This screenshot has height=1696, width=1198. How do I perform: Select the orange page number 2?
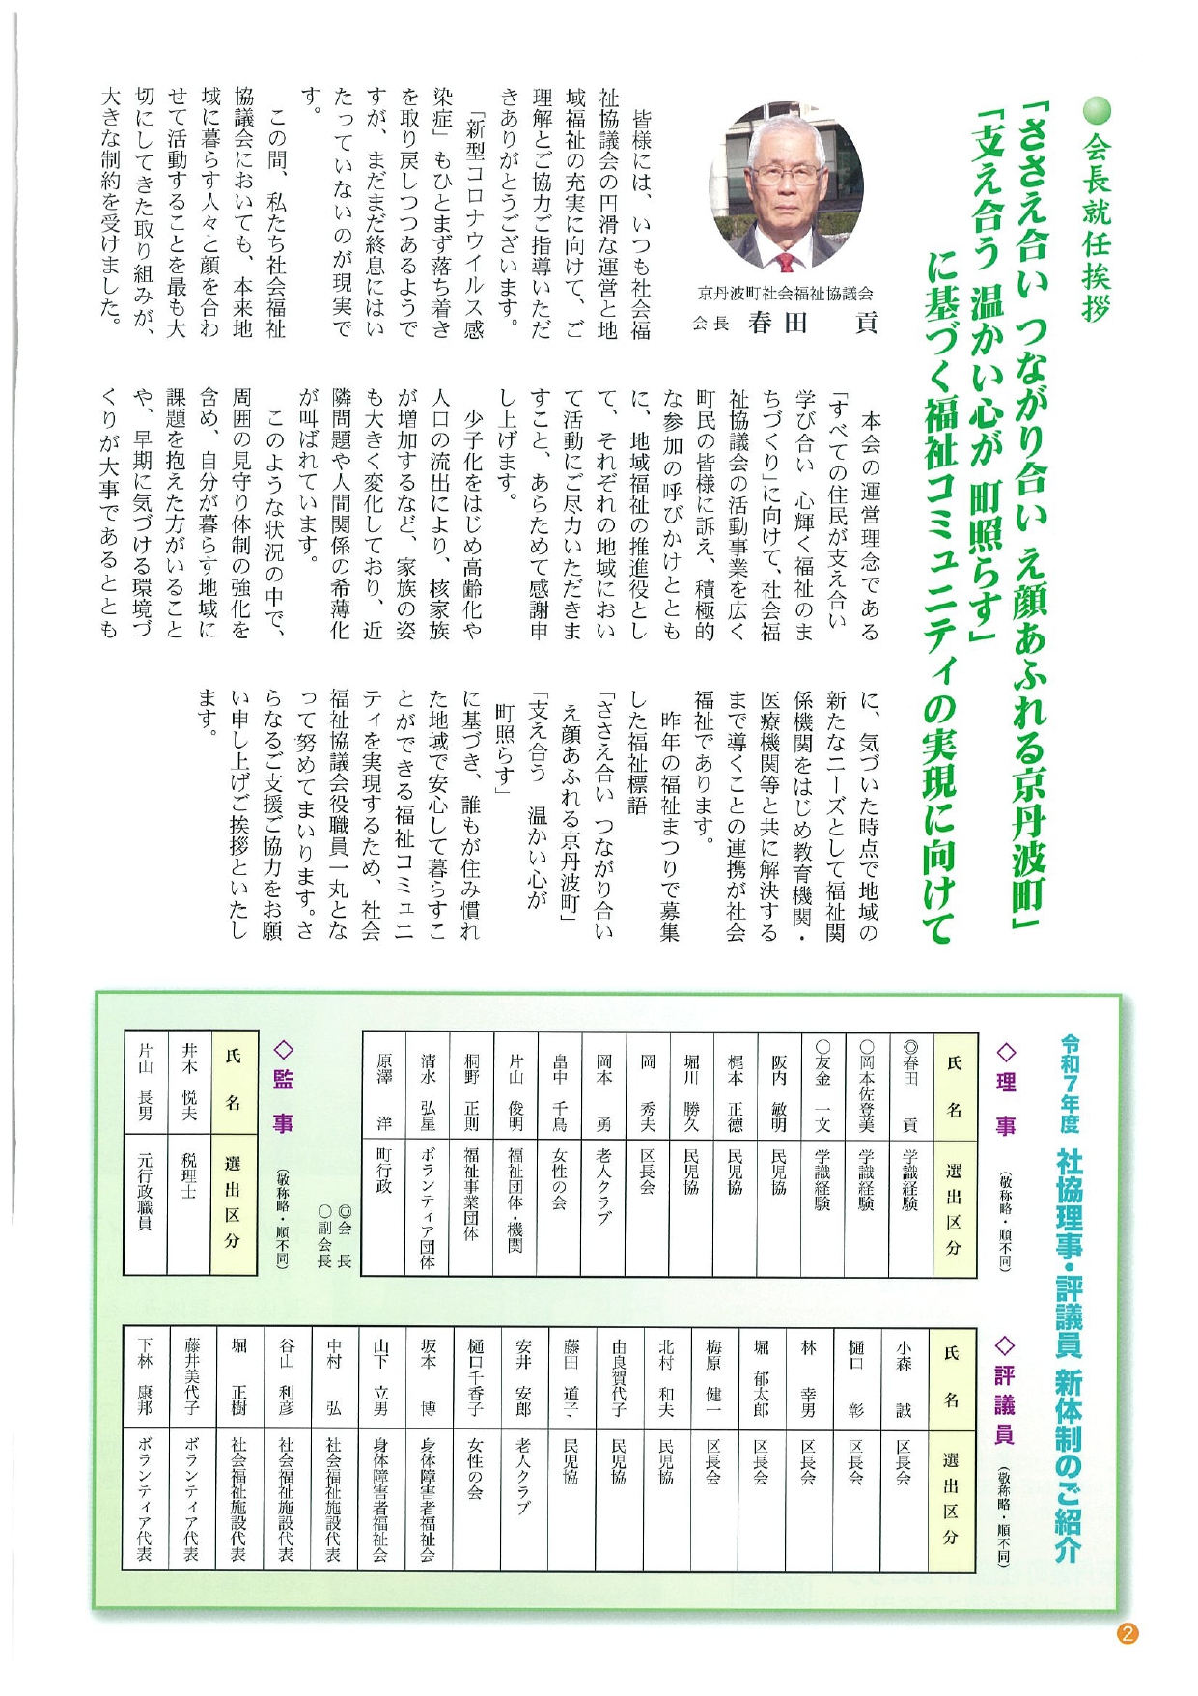(1127, 1633)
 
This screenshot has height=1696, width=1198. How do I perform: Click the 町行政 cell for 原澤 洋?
(384, 1169)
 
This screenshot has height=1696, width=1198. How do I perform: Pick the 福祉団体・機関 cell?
(515, 1198)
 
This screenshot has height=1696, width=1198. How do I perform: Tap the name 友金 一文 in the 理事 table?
(822, 1085)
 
